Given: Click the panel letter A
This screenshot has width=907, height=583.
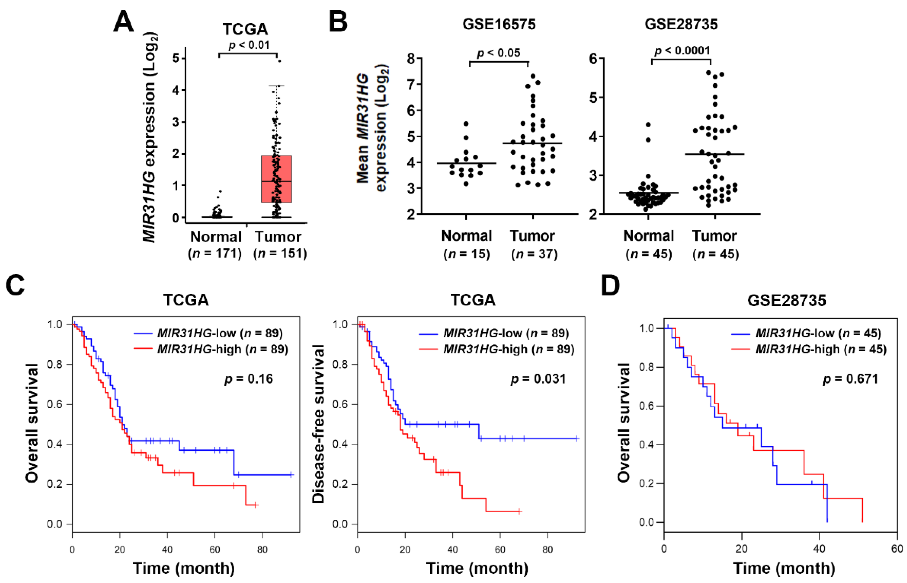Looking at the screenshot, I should click(124, 22).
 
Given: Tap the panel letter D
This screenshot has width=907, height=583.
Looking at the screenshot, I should click(610, 286).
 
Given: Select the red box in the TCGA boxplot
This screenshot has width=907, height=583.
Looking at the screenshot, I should click(276, 179).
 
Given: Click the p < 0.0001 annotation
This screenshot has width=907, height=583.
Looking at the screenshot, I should click(682, 50).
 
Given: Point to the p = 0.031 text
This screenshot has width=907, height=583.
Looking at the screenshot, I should click(538, 379).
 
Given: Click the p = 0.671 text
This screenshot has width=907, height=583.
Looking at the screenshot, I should click(851, 379).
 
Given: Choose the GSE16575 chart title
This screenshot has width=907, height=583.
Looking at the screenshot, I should click(499, 24).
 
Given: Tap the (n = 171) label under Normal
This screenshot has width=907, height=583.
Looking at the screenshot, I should click(215, 253).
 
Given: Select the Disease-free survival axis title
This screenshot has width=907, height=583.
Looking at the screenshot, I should click(318, 424).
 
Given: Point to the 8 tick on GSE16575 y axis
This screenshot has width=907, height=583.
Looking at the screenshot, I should click(411, 59).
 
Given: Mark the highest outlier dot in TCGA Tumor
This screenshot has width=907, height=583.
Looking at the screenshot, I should click(279, 61).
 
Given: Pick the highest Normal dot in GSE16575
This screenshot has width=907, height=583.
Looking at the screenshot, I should click(466, 124).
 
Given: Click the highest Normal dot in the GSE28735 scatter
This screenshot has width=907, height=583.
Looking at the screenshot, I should click(648, 125).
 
